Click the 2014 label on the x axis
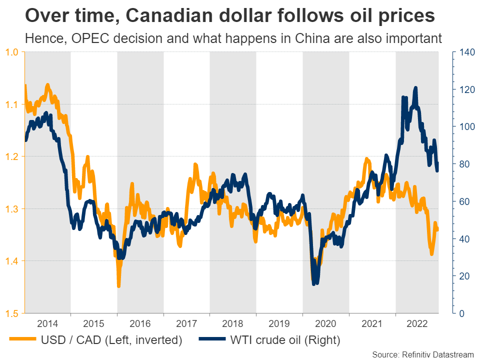point(47,322)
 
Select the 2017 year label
point(186,322)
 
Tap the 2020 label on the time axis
point(326,322)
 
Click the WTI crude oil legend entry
point(283,340)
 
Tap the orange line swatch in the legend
point(23,340)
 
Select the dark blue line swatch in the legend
point(213,340)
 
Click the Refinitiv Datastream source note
point(423,354)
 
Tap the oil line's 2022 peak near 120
point(415,88)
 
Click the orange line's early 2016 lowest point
point(118,286)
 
